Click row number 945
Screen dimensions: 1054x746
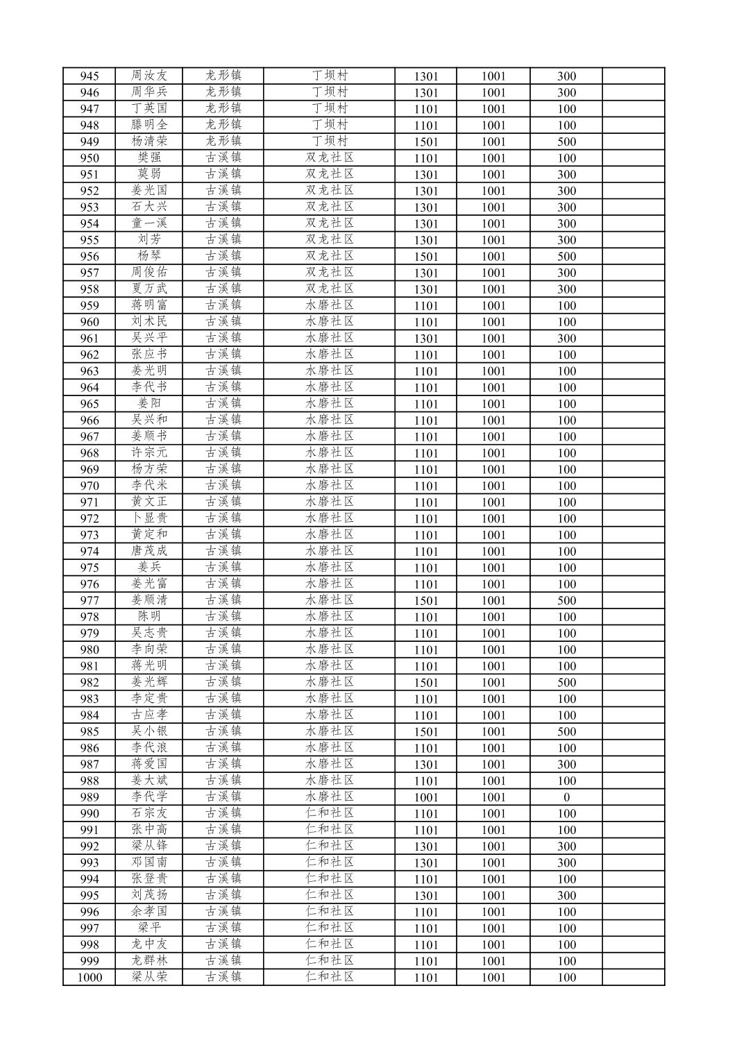click(x=90, y=76)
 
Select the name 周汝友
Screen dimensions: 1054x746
click(x=149, y=76)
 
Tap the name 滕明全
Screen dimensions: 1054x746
click(x=149, y=125)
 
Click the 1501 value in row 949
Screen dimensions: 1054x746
click(x=426, y=142)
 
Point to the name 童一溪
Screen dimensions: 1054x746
click(x=149, y=223)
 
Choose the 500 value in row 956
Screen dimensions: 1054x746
click(x=566, y=256)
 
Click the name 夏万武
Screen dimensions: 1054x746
click(x=149, y=289)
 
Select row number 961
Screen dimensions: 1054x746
click(x=90, y=339)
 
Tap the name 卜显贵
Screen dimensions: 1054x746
click(x=149, y=518)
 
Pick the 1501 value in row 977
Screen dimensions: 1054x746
click(x=426, y=601)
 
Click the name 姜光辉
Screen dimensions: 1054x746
click(x=149, y=682)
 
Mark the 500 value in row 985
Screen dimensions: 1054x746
click(x=566, y=731)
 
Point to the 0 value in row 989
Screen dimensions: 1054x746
click(x=566, y=797)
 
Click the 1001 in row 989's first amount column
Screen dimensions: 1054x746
click(x=426, y=797)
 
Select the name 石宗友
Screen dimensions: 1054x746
click(x=149, y=813)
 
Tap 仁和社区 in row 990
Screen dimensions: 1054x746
click(x=330, y=813)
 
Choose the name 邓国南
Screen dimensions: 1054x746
click(x=149, y=862)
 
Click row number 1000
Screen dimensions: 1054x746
click(x=90, y=978)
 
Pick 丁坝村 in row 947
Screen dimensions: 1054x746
click(x=330, y=108)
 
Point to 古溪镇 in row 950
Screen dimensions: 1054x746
click(x=223, y=158)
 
